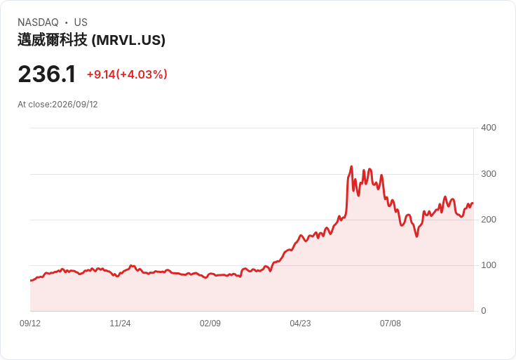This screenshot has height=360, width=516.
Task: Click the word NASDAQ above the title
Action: pos(38,22)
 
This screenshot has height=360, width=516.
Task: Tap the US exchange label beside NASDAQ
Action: pos(81,22)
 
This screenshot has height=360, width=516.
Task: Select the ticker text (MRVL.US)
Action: pos(128,40)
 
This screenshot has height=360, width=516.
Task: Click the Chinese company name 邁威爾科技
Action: pos(53,40)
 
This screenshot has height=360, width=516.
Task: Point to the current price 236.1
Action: pos(47,74)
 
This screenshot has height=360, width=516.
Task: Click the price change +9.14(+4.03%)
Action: pos(127,74)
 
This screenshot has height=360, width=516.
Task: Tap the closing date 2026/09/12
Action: pos(75,105)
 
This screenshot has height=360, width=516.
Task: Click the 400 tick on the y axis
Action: pos(489,128)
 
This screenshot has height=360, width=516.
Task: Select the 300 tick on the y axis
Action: pos(489,174)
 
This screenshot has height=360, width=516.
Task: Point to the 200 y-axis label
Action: pos(489,220)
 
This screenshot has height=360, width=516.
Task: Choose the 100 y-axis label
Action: pos(489,265)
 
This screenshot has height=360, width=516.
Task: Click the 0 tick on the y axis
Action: pos(484,311)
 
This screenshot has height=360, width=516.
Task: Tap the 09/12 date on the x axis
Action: pos(30,324)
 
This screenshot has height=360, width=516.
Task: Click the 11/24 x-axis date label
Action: pos(120,324)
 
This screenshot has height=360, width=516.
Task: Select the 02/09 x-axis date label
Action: pos(210,324)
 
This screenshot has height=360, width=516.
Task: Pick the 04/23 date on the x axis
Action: pos(300,324)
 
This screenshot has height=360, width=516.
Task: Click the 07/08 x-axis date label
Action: pos(391,324)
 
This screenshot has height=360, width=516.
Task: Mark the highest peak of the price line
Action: pos(351,166)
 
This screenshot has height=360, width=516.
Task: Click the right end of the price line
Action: pos(473,204)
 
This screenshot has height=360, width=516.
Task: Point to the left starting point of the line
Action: pos(31,281)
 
